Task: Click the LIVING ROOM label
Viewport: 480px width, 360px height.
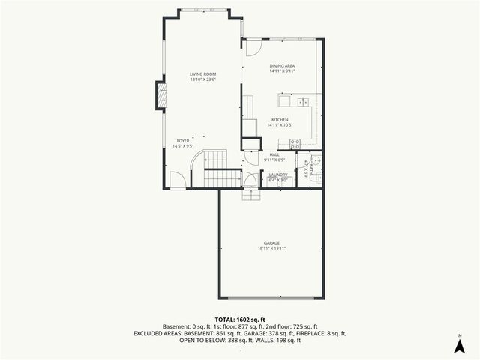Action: [202, 73]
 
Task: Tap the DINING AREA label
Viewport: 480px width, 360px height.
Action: [283, 66]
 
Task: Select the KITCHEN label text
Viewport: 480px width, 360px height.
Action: [280, 120]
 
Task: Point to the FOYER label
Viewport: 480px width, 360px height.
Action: [183, 140]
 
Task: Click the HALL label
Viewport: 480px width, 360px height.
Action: [274, 154]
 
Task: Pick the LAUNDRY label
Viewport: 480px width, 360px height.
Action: [278, 175]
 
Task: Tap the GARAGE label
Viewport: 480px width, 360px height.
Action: [271, 242]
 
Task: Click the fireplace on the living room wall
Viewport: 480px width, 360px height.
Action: [160, 93]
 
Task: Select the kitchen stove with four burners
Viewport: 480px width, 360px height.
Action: [295, 143]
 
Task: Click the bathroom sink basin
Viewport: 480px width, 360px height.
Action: [316, 160]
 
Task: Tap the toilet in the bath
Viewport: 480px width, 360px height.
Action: [316, 177]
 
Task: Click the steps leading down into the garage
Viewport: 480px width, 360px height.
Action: [251, 194]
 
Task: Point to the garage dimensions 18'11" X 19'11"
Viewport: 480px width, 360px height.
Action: [271, 248]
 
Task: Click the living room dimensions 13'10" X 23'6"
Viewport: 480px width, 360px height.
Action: [202, 79]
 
